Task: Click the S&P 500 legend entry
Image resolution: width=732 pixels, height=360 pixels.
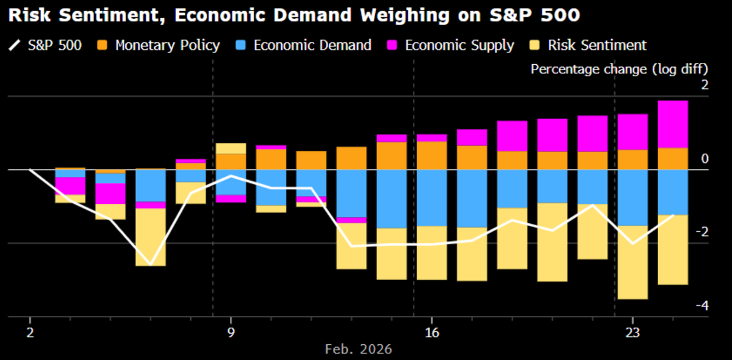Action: (46, 45)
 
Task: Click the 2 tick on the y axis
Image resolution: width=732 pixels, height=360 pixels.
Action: (705, 85)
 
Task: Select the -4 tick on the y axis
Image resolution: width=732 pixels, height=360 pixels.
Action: (703, 306)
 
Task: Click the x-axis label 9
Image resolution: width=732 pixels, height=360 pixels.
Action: (231, 333)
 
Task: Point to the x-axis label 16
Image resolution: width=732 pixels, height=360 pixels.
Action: (432, 333)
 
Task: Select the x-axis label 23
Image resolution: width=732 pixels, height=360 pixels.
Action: (632, 333)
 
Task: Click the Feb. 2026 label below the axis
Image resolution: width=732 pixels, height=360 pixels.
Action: (358, 350)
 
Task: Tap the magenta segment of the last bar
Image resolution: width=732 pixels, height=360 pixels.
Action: (673, 124)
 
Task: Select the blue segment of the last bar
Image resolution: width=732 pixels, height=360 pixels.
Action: (673, 192)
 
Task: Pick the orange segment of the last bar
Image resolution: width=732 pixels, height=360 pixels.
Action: (673, 159)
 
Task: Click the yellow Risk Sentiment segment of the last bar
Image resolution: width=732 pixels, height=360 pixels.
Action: (673, 250)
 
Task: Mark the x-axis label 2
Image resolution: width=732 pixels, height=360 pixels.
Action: (30, 333)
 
